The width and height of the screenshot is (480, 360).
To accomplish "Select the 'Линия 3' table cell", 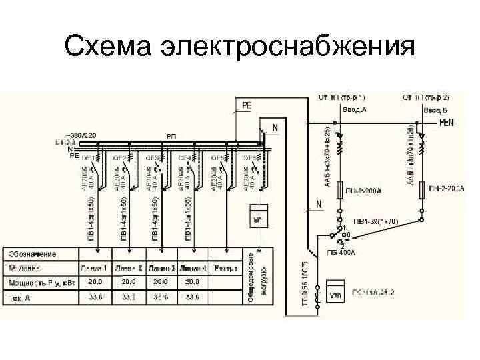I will click(x=161, y=268).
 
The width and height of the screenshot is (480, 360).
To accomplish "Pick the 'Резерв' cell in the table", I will click(x=226, y=268).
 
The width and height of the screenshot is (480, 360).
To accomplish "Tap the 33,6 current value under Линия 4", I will click(x=193, y=296).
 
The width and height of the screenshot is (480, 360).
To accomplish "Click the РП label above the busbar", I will click(x=171, y=136).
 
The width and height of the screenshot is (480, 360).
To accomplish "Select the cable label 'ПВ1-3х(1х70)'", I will click(x=377, y=221).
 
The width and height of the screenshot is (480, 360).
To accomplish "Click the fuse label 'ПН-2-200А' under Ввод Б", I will click(x=447, y=190).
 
